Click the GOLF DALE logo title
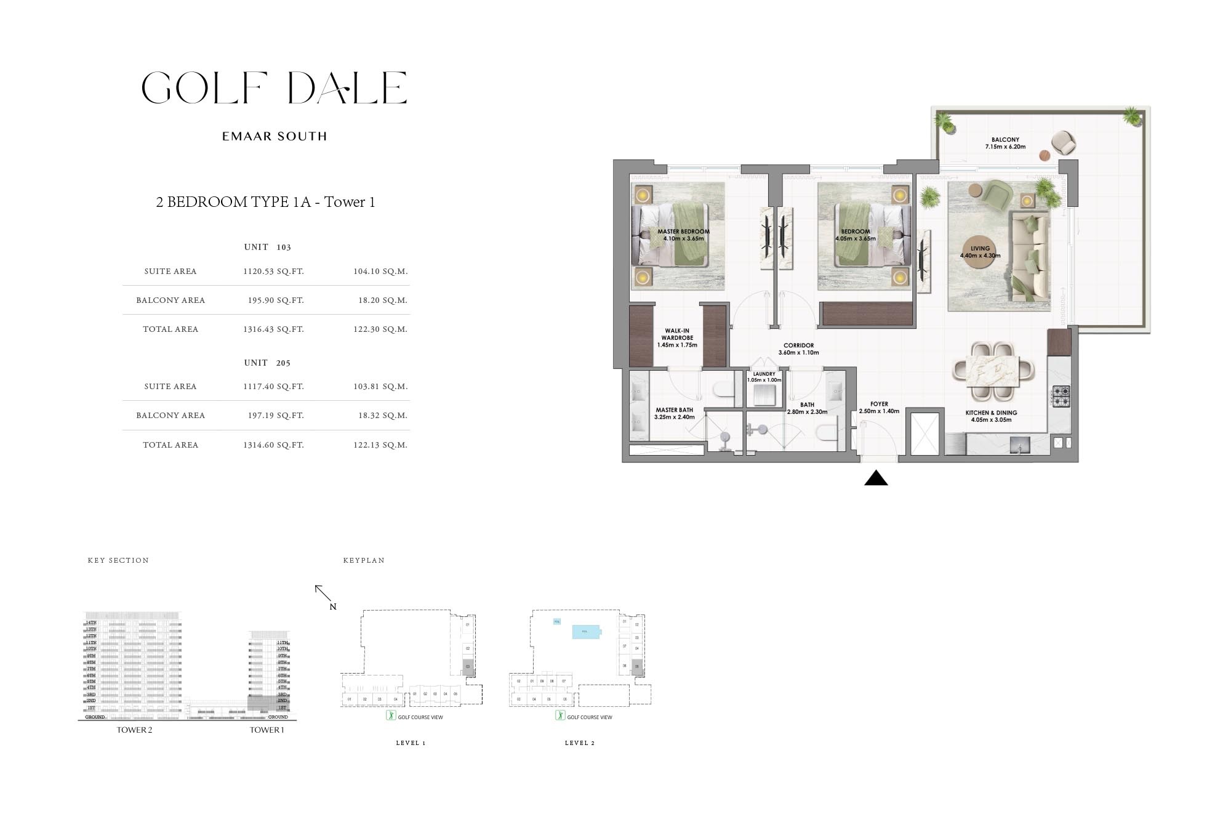[x=274, y=87]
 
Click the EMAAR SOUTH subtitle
[x=274, y=136]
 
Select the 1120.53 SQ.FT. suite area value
[x=273, y=271]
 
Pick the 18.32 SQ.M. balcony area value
[x=383, y=416]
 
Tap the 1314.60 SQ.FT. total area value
[x=273, y=445]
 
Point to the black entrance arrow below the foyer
[x=876, y=478]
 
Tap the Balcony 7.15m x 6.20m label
[x=1005, y=143]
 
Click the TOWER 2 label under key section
[x=135, y=730]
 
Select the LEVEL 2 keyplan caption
[x=580, y=743]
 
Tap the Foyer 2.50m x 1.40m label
[x=879, y=408]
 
